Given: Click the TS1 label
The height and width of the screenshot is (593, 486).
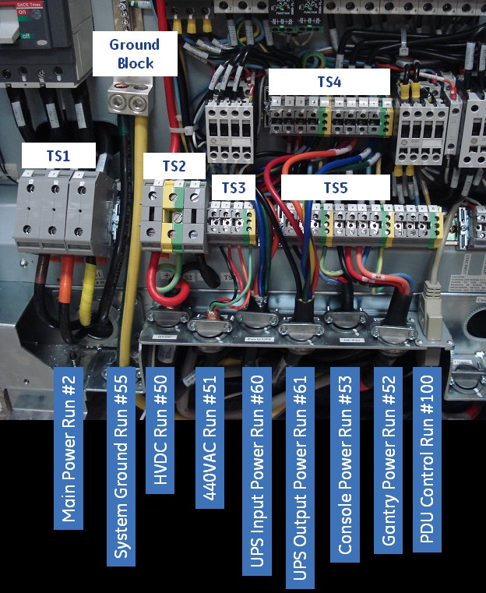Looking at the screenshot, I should point(58,156).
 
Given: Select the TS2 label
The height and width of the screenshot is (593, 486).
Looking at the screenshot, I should point(174,166).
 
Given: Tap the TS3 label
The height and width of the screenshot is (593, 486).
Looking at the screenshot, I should point(233,187).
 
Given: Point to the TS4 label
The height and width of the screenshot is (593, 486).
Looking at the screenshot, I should point(328,82).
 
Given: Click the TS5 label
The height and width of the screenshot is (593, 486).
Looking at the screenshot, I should point(336,187).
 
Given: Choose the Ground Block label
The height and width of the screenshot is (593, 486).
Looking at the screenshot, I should point(134,53).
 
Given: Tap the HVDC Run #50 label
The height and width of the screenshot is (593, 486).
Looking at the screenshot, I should point(159,429).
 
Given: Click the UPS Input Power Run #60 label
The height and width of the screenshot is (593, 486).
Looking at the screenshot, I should point(255,471).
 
